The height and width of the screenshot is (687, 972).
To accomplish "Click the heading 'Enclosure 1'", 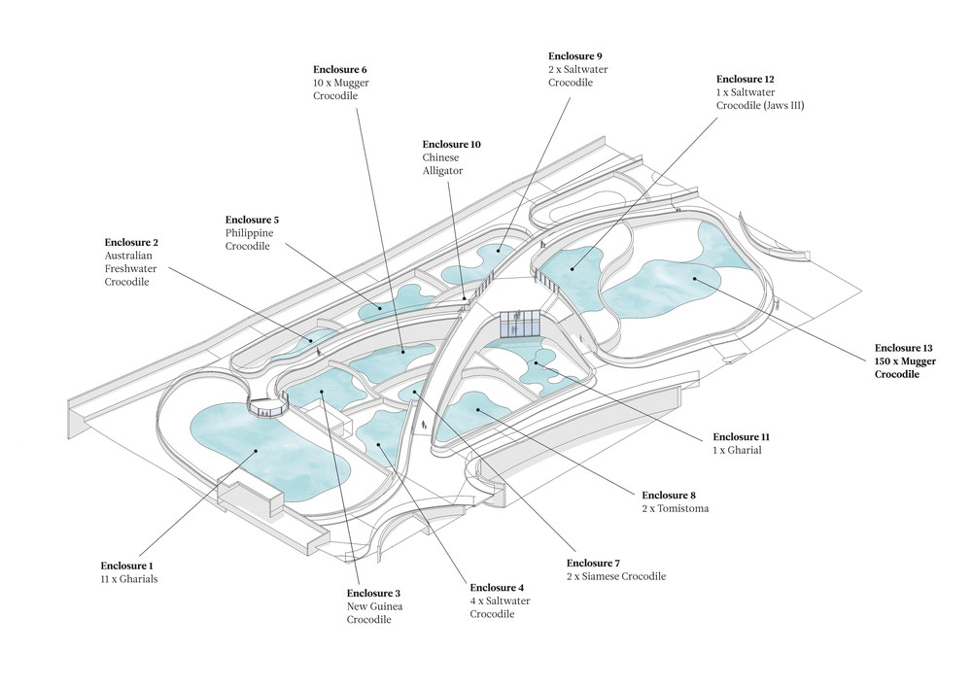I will (127, 566).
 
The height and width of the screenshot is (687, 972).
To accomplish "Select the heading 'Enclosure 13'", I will (903, 348).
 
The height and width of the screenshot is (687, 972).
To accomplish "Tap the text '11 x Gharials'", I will (129, 579).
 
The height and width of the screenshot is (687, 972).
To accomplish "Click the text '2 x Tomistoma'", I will (675, 507).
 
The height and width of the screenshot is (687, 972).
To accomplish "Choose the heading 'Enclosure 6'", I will (339, 70).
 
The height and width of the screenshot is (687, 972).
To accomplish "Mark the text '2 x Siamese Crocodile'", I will (616, 576).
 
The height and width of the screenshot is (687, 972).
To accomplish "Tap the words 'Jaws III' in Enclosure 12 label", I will (784, 105).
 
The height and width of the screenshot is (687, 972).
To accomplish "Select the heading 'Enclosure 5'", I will (252, 220).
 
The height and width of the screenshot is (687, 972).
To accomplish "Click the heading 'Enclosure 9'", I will (574, 56).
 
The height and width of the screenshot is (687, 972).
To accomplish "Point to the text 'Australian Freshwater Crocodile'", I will (131, 268).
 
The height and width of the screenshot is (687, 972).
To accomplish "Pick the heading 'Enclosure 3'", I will (374, 593).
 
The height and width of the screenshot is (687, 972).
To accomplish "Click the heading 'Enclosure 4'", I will (497, 588).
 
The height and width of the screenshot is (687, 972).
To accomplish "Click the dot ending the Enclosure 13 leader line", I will (696, 279).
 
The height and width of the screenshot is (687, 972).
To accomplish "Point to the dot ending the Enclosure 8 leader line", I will (478, 409).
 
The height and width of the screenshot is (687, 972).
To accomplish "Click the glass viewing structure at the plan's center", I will (520, 326).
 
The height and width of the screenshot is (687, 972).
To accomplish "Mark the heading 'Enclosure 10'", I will (451, 144).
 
